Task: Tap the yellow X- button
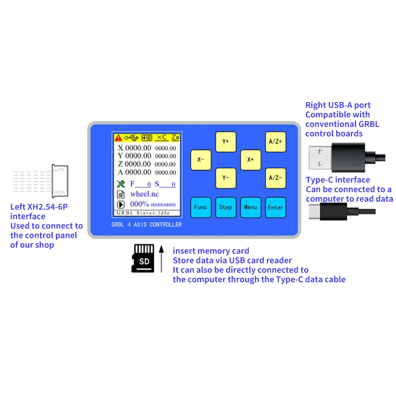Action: coord(201,160)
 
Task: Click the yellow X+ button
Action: coord(251,160)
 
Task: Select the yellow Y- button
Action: coord(226,178)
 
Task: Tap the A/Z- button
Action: coord(275,178)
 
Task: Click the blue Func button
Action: coord(201,207)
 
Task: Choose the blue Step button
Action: coord(226,207)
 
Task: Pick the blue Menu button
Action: coord(251,207)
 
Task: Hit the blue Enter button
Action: coord(275,207)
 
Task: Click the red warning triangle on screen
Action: coord(118,138)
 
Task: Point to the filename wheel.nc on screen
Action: coord(144,194)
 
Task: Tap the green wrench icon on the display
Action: coord(121,184)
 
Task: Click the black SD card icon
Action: coord(143,258)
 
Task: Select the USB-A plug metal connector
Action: coord(320,157)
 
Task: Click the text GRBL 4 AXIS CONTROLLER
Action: coord(147,225)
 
